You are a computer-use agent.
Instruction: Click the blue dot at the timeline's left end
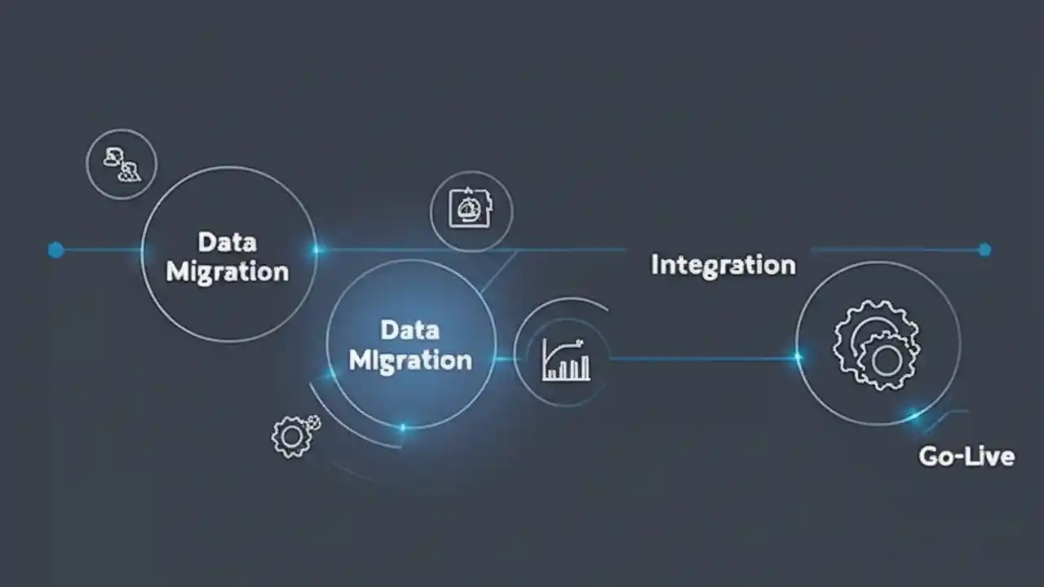pyautogui.click(x=56, y=250)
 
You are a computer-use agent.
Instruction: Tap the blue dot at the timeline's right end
pyautogui.click(x=984, y=249)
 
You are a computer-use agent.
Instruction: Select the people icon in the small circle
pyautogui.click(x=122, y=165)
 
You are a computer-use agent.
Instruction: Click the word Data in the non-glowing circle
pyautogui.click(x=228, y=242)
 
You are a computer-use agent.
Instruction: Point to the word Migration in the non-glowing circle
pyautogui.click(x=228, y=272)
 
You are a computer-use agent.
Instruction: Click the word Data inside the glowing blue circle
pyautogui.click(x=410, y=330)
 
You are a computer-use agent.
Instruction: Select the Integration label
pyautogui.click(x=723, y=266)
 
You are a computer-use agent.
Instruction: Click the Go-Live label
pyautogui.click(x=967, y=457)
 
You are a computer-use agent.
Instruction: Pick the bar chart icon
pyautogui.click(x=566, y=360)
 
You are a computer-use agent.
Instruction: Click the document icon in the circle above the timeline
pyautogui.click(x=471, y=208)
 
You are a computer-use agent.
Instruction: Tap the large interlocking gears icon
pyautogui.click(x=876, y=345)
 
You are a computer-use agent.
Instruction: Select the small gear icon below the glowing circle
pyautogui.click(x=292, y=437)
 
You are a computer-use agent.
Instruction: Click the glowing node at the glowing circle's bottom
pyautogui.click(x=403, y=427)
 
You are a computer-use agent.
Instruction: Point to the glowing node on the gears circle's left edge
pyautogui.click(x=798, y=357)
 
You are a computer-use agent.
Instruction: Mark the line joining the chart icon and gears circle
pyautogui.click(x=704, y=358)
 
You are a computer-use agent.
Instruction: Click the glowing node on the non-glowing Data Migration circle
pyautogui.click(x=316, y=250)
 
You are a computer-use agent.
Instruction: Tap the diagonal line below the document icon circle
pyautogui.click(x=498, y=272)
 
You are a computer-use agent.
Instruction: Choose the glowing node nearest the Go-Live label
pyautogui.click(x=914, y=415)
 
